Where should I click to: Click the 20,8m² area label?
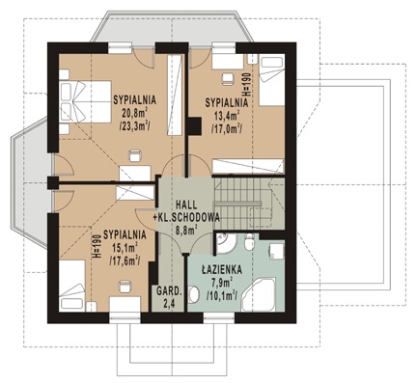pos(134,113)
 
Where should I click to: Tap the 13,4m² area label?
pos(227,116)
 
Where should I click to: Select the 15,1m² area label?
pos(125,248)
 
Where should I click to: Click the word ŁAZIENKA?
pos(222,270)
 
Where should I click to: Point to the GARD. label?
pos(169,291)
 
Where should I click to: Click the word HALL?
pos(186,205)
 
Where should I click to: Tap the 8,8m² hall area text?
pos(186,230)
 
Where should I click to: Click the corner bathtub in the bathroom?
pos(259,295)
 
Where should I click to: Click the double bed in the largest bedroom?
pos(85,101)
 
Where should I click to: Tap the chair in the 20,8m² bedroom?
pos(135,155)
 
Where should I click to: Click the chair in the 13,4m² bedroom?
pos(229,79)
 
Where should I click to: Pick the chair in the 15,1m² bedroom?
pos(125,286)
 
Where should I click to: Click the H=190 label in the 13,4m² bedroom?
pos(247,84)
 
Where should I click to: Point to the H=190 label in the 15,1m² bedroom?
pos(97,246)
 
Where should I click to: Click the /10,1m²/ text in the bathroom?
pos(222,295)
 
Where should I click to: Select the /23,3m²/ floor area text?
pos(134,126)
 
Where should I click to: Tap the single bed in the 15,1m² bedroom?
pos(72,286)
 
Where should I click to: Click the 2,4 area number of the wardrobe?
pos(169,304)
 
